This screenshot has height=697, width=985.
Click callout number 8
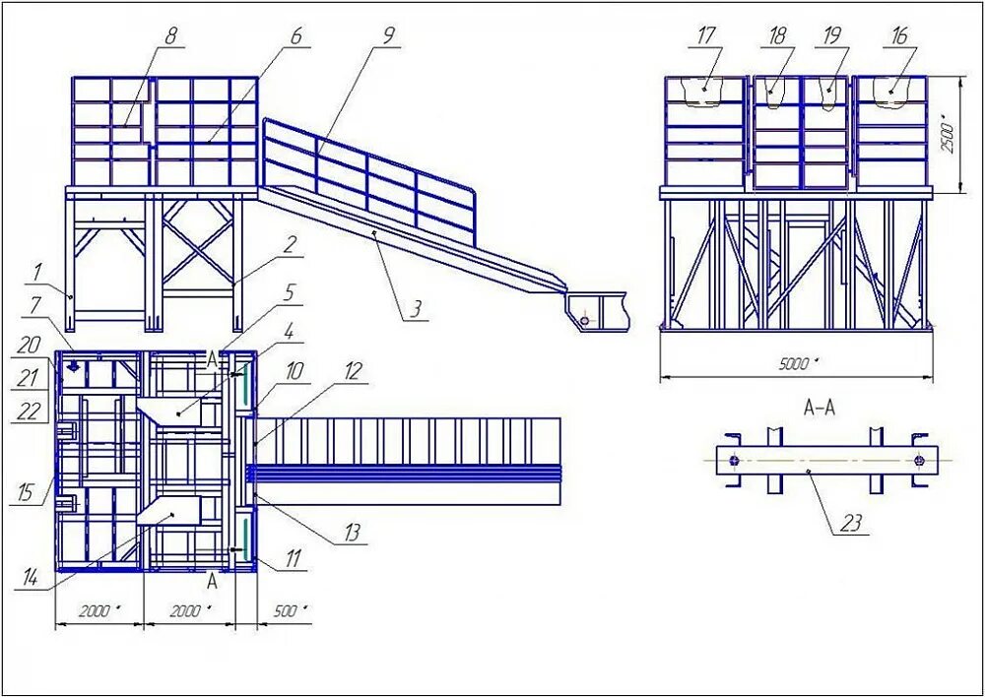[171, 37]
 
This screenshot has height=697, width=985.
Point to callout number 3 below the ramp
[417, 309]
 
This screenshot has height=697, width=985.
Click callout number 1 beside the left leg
[37, 269]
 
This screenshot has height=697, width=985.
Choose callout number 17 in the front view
[706, 35]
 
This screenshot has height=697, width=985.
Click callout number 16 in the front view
[898, 35]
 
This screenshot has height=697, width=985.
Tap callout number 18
[778, 35]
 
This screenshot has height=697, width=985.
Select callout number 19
[832, 35]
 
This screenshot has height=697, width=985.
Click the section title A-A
[820, 408]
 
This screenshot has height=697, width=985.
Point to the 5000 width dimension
[797, 364]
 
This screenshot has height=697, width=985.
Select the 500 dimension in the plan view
[285, 611]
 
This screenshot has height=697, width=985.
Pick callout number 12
[355, 371]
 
